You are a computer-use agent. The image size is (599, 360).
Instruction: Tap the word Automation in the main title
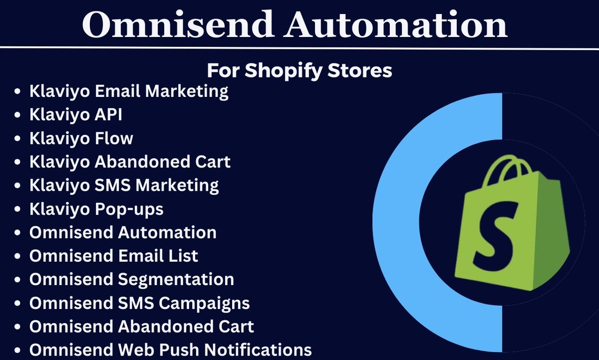point(396,25)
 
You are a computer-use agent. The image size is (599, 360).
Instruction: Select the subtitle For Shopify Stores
point(299,70)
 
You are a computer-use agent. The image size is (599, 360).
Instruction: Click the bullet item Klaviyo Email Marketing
point(129,91)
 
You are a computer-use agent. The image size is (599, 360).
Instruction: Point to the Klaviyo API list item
point(76,115)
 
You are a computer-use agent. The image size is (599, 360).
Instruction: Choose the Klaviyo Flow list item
point(81,138)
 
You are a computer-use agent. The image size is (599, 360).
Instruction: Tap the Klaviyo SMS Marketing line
point(124,185)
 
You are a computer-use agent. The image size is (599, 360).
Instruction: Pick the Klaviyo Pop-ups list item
point(96,209)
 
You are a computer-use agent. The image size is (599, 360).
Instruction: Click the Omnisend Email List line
point(114,256)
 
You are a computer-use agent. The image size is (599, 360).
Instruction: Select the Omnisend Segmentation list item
point(131,279)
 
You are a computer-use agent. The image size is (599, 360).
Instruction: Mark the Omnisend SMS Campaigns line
point(139,303)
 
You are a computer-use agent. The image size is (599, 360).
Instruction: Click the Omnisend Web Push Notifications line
point(170,350)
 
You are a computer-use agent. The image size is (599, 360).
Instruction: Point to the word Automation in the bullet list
point(167,232)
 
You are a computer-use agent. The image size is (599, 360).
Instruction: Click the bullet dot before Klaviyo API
point(18,115)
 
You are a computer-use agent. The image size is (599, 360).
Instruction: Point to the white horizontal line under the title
point(299,48)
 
